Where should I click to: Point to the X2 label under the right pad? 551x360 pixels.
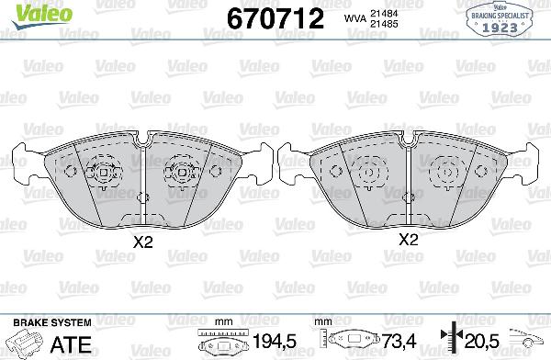(x=408, y=241)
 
